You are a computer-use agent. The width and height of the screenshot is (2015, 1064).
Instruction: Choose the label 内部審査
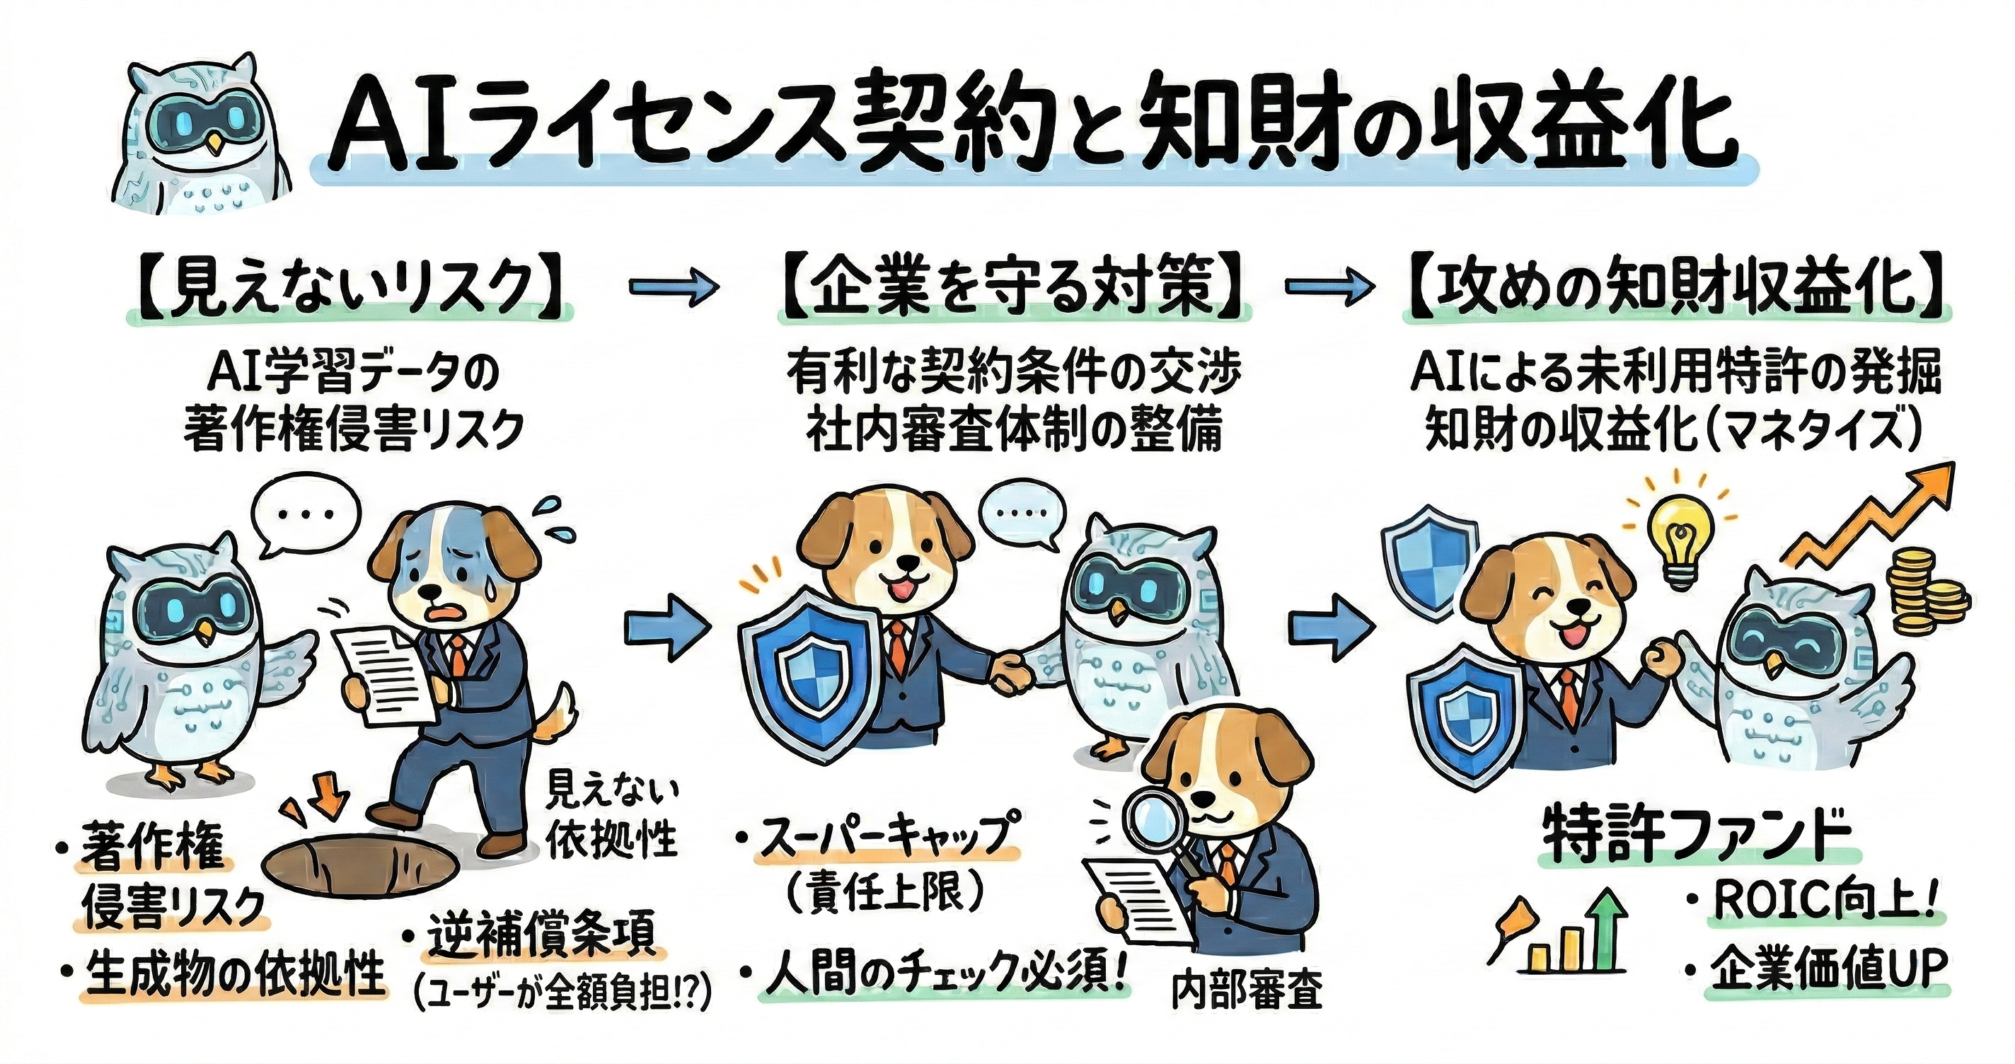pos(1247,990)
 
